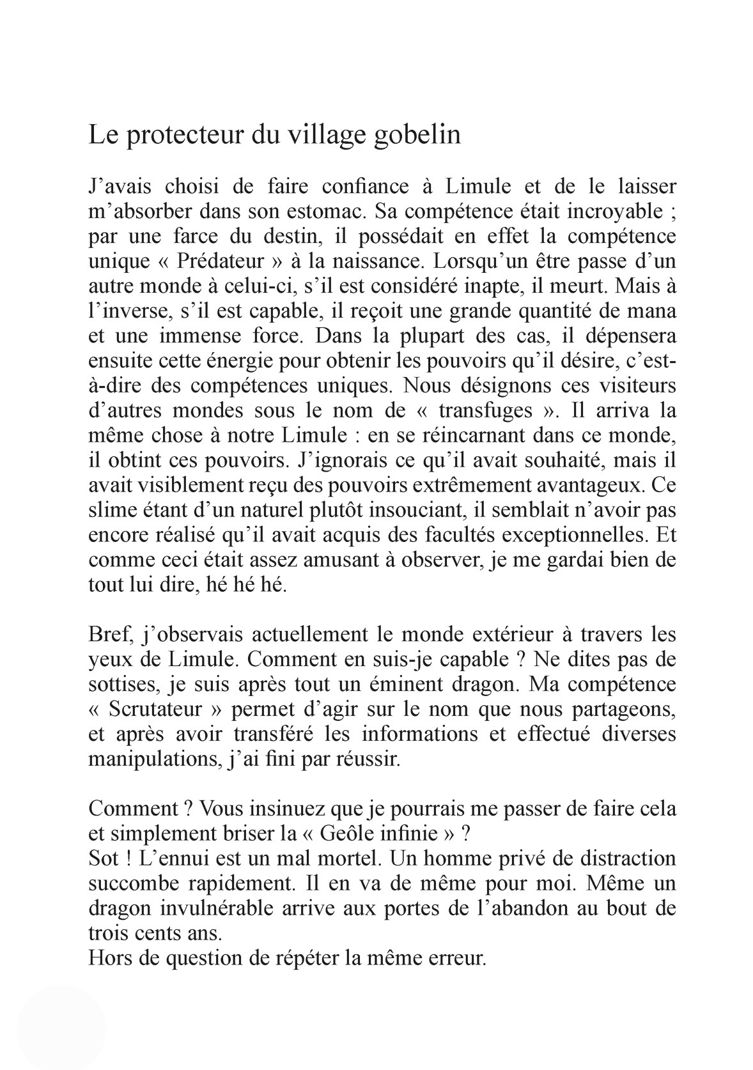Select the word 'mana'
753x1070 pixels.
pyautogui.click(x=653, y=311)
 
